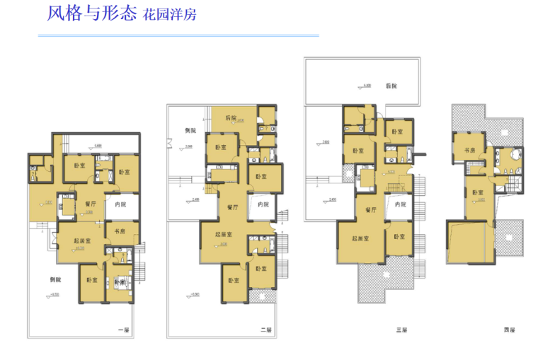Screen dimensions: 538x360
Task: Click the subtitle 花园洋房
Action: [x=170, y=15]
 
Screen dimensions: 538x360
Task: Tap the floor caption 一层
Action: [x=123, y=330]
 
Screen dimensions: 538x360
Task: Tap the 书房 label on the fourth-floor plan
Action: [x=469, y=150]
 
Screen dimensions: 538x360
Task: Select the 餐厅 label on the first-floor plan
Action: [x=91, y=204]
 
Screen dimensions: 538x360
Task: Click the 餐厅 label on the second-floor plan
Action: [x=232, y=207]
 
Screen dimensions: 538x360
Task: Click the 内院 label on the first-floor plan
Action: [x=121, y=205]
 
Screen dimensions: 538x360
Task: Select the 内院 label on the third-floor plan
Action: [x=401, y=205]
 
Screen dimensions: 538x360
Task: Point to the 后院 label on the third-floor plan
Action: [x=391, y=86]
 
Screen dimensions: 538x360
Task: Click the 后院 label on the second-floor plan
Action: [x=231, y=117]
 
